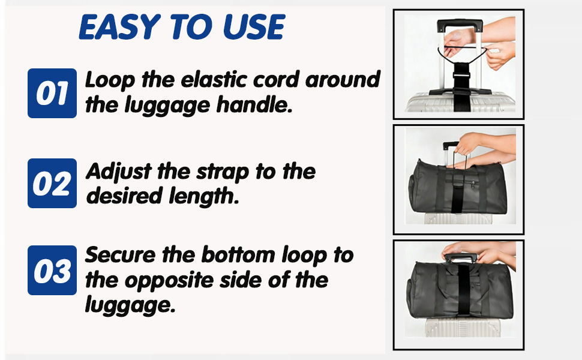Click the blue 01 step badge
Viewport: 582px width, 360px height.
coord(52,93)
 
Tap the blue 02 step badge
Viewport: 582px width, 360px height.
coord(52,184)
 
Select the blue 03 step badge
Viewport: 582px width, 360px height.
coord(52,270)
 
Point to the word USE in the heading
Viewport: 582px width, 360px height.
coord(254,27)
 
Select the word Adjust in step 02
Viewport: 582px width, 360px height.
coord(119,172)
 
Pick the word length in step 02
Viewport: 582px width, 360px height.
coord(203,196)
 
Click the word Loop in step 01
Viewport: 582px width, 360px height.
coord(110,80)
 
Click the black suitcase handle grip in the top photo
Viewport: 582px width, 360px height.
coord(460,25)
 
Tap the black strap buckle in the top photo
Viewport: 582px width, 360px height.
coord(461,76)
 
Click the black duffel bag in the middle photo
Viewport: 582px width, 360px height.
coord(457,188)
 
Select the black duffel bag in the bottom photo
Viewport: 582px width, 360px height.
coord(460,290)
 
